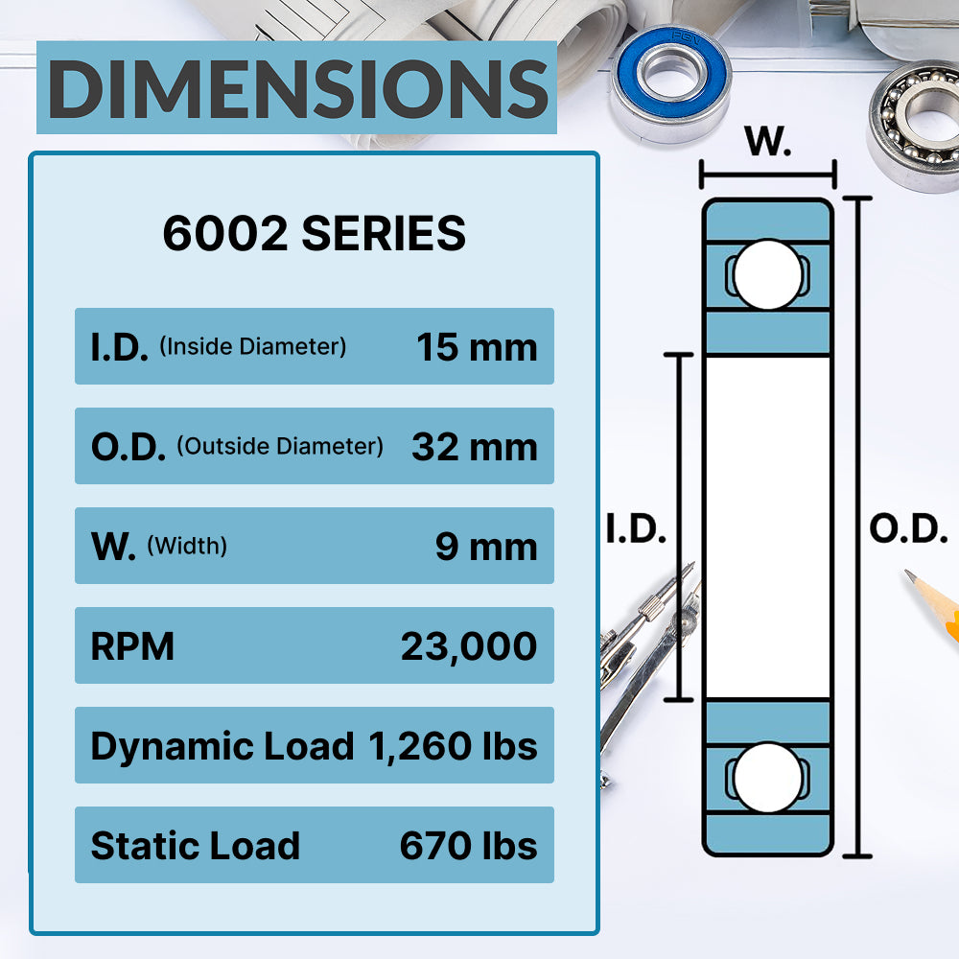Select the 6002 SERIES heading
pos(314,234)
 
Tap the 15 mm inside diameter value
pos(477,347)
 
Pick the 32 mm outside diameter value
pos(474,447)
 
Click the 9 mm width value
pos(486,547)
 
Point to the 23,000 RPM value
pos(469,646)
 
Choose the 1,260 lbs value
pos(453,746)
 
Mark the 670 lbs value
pos(468,846)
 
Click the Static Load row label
pos(195,846)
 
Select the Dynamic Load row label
pos(222,746)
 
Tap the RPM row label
pos(132,646)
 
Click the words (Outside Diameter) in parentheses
pos(280,446)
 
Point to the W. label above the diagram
pos(768,143)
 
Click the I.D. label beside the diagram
pos(636,529)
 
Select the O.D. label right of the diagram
pos(908,529)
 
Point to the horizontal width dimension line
pos(768,175)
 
